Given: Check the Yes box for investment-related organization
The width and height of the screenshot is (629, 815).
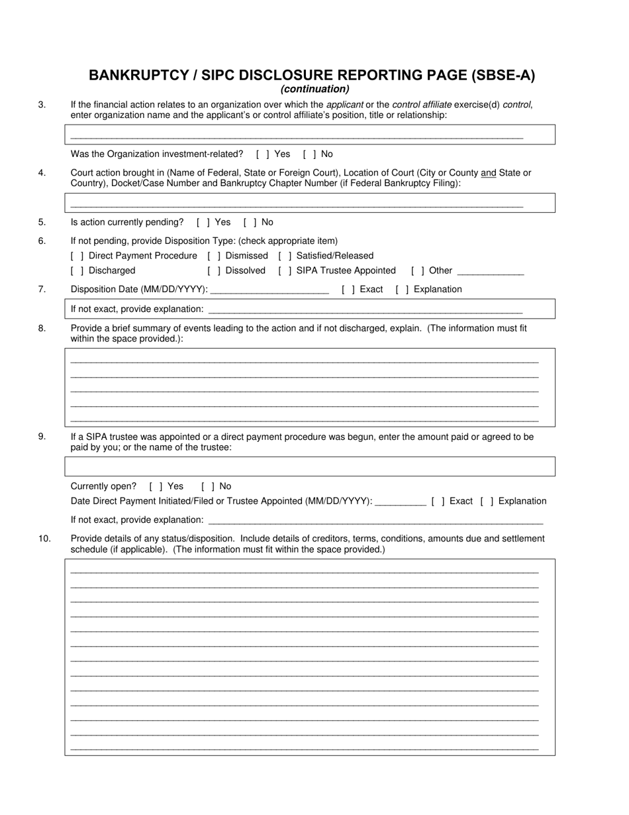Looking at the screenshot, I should pos(262,154).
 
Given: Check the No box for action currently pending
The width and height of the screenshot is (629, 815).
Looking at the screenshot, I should pos(250,223).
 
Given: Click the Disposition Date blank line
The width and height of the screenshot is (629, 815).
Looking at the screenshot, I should pos(269,290).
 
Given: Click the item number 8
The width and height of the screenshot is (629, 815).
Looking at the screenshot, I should pos(42,328).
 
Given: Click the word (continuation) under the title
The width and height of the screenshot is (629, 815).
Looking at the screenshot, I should pos(314,89).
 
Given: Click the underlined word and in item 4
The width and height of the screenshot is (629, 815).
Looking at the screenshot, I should pos(488,173).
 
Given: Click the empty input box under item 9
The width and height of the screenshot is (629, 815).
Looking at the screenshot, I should pos(309,466).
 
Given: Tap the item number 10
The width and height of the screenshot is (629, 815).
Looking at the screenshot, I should pos(44,539).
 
